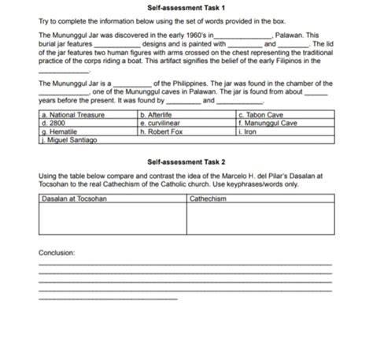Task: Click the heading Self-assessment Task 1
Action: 186,8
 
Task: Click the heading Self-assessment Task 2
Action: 186,161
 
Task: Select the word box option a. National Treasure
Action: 72,115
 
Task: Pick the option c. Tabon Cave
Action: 260,115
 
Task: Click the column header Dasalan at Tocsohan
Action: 73,198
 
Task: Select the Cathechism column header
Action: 208,198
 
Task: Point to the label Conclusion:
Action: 56,253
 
